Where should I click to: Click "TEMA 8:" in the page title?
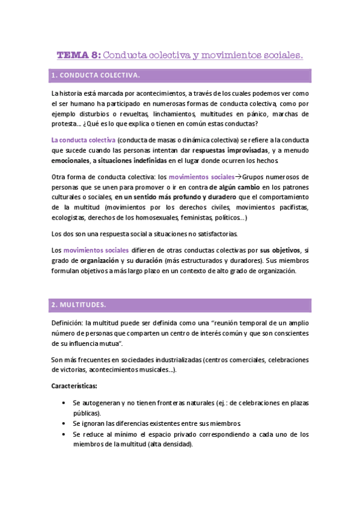pyautogui.click(x=79, y=55)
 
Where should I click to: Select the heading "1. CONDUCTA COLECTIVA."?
pyautogui.click(x=96, y=76)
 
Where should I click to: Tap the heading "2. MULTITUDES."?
pyautogui.click(x=78, y=305)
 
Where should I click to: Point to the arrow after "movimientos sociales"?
pyautogui.click(x=239, y=177)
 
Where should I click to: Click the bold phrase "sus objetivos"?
pyautogui.click(x=280, y=250)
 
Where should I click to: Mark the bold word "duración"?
pyautogui.click(x=161, y=260)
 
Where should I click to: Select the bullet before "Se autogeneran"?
pyautogui.click(x=63, y=403)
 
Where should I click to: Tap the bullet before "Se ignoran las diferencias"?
pyautogui.click(x=63, y=423)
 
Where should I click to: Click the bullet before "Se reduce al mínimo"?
pyautogui.click(x=63, y=434)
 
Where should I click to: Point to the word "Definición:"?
pyautogui.click(x=69, y=323)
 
